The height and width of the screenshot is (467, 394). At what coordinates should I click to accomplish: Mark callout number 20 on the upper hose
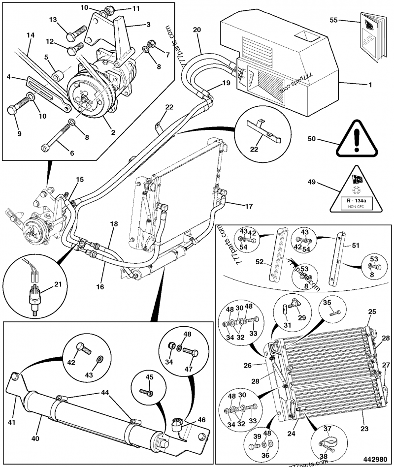click(197, 30)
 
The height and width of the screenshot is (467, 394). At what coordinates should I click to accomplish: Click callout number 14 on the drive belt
click(31, 35)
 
